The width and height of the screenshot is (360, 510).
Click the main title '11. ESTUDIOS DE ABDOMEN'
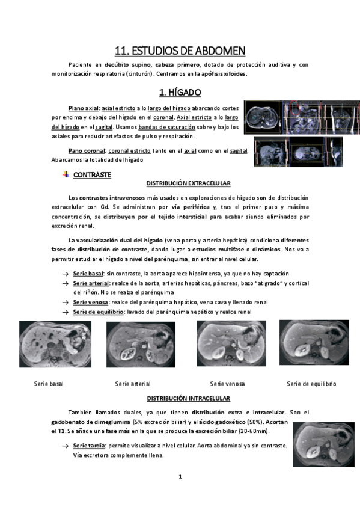pos(180,51)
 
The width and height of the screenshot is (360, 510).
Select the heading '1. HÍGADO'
pos(180,93)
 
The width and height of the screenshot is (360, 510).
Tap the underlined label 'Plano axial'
pos(83,108)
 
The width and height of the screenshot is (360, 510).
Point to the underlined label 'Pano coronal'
pos(87,150)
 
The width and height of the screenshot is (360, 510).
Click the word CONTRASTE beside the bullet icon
pos(92,175)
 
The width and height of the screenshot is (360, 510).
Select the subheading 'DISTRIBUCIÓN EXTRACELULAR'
pos(189,183)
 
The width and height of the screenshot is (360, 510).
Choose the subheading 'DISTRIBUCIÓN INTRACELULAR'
pos(189,398)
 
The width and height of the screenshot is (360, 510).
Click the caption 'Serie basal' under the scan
pos(49,384)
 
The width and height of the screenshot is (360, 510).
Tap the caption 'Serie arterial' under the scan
pos(133,384)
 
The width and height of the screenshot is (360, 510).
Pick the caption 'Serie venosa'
pos(227,384)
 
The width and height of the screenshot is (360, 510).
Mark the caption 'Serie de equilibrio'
pos(311,384)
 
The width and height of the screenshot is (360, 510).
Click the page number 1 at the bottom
pos(180,476)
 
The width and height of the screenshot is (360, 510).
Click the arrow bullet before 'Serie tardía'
pos(66,446)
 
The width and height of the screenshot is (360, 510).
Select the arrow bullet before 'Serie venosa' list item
pos(66,303)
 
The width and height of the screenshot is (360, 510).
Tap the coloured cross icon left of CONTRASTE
pos(66,174)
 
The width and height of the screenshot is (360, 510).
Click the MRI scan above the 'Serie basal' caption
pos(55,345)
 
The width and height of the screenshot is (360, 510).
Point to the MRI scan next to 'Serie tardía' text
pos(323,444)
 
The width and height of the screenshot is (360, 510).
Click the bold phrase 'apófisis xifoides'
pos(224,74)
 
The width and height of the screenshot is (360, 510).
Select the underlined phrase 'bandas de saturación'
pos(166,127)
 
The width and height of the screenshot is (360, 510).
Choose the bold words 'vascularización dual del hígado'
pos(119,241)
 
